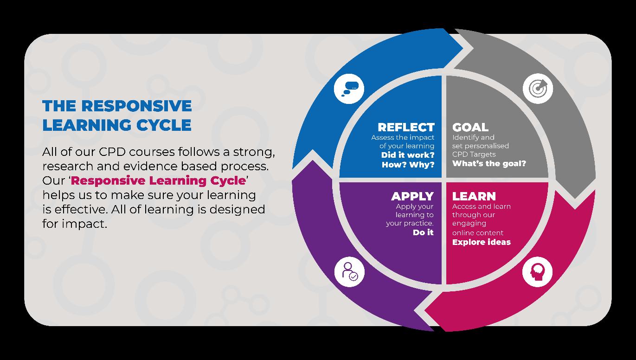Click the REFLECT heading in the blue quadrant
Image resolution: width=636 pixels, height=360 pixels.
tap(406, 127)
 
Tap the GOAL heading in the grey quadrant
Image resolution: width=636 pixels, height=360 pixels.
tap(470, 127)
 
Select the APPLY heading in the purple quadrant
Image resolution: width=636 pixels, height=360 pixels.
tap(412, 196)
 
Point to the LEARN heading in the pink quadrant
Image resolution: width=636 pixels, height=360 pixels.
tap(474, 196)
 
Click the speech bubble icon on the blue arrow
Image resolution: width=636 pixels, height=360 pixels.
tap(349, 89)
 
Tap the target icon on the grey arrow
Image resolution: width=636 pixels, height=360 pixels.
tap(538, 88)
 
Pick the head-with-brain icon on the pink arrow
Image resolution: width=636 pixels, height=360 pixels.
tap(537, 271)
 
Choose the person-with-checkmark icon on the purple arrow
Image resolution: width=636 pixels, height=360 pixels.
tap(349, 271)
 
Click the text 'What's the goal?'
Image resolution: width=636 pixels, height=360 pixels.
tap(489, 163)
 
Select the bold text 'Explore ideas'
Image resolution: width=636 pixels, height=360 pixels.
tap(481, 242)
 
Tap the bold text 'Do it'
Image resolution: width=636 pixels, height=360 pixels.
tap(423, 232)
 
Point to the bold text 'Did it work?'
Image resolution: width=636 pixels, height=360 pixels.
tap(407, 155)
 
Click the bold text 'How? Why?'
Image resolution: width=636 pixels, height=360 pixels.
tap(408, 165)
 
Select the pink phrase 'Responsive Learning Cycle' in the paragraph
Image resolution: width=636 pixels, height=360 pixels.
tap(158, 180)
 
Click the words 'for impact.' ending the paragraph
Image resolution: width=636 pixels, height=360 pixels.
tap(74, 224)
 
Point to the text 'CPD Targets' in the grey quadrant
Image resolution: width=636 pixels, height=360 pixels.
tap(474, 154)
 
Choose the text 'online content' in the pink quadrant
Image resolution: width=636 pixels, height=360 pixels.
tap(477, 232)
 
